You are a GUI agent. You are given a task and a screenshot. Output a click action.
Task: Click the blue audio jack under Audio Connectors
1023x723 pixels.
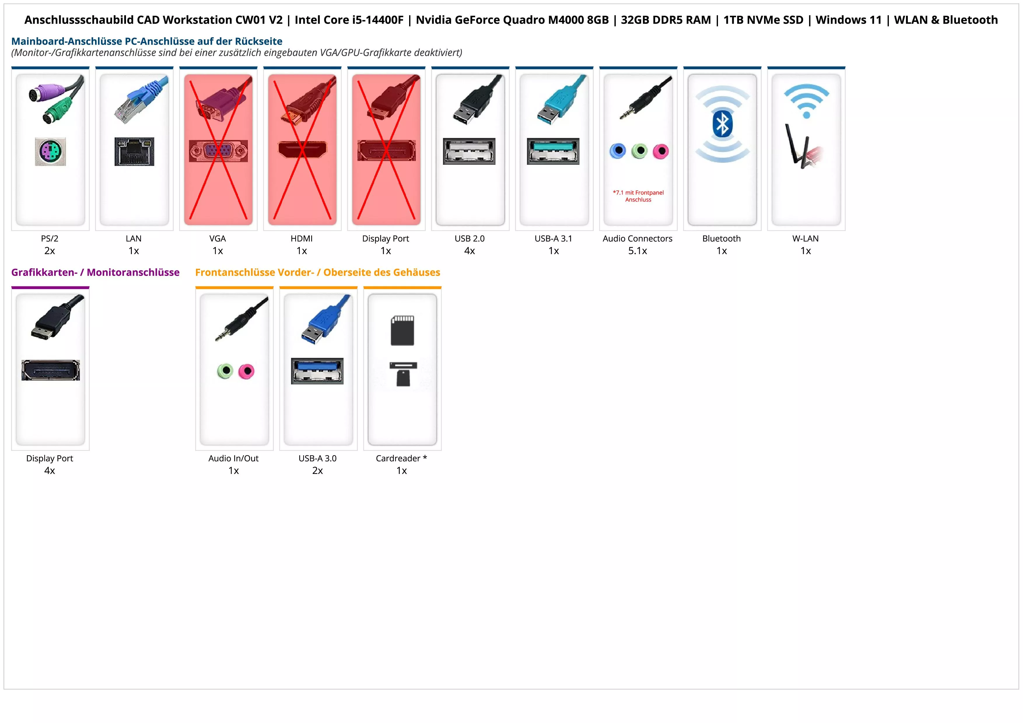click(x=618, y=151)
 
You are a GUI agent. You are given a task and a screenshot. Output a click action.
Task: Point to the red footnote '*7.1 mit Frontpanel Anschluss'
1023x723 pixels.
click(x=638, y=196)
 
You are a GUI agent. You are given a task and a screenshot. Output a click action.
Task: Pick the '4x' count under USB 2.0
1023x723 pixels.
click(x=470, y=251)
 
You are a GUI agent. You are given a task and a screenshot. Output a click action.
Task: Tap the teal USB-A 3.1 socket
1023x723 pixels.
click(x=553, y=151)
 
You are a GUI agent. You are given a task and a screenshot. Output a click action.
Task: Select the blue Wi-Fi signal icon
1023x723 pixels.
click(x=806, y=101)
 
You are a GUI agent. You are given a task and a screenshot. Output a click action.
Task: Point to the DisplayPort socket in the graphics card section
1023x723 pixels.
click(x=50, y=370)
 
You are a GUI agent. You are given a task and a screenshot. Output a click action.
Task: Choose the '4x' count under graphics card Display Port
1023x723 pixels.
click(x=50, y=470)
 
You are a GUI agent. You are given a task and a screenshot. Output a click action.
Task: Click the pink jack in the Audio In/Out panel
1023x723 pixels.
click(x=246, y=371)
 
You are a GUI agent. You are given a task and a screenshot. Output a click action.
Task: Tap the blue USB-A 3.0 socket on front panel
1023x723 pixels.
click(x=317, y=371)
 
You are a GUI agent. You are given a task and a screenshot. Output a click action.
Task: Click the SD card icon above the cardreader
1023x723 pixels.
click(x=402, y=330)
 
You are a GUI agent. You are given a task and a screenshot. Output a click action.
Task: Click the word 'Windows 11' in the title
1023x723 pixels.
click(x=848, y=20)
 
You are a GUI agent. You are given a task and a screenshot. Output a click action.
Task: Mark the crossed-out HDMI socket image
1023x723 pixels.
click(x=302, y=150)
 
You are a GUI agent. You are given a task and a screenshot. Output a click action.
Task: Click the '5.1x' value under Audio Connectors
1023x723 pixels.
click(x=637, y=251)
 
